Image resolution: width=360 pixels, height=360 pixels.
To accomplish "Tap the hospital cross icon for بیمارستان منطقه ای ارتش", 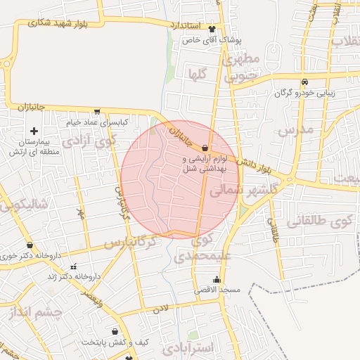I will point(33,131).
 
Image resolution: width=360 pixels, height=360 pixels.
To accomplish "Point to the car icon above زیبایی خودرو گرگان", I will point(304,81).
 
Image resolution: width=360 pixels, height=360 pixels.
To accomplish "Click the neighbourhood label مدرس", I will point(294,130).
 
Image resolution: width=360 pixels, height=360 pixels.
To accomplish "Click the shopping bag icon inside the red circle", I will point(205,148).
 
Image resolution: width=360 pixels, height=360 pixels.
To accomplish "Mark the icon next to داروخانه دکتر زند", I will point(73,267).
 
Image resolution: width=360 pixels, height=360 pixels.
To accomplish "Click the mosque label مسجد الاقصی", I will point(222,290).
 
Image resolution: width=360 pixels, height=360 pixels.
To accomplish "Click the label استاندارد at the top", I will point(185,25).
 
